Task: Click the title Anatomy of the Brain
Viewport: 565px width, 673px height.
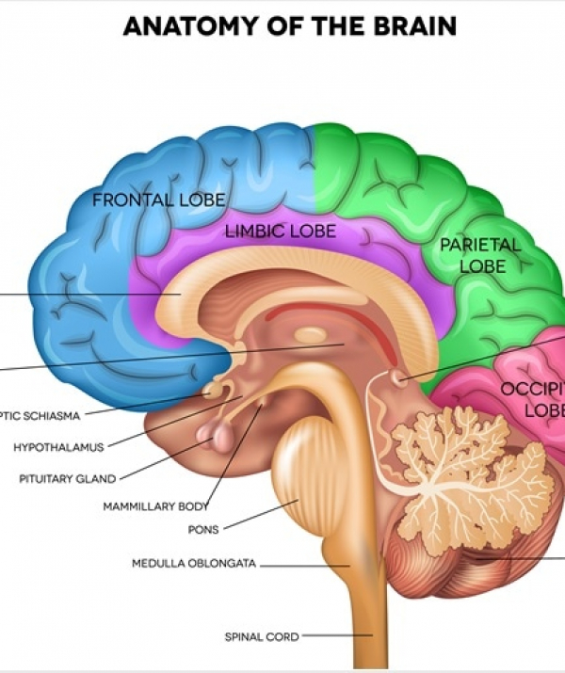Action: tap(289, 26)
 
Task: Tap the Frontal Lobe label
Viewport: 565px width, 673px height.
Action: tap(158, 200)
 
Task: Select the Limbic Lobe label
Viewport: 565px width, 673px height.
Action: tap(281, 230)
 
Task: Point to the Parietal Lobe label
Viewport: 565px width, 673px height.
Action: tap(480, 255)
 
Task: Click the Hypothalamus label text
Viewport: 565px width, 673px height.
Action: tap(57, 447)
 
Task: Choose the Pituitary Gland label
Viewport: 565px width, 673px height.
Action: tap(67, 478)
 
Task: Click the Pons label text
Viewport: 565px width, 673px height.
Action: tap(203, 529)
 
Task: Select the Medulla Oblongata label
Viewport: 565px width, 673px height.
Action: tap(194, 565)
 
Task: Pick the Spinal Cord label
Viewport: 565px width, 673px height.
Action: tap(261, 637)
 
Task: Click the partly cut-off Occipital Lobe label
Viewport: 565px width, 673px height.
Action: tap(532, 399)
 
